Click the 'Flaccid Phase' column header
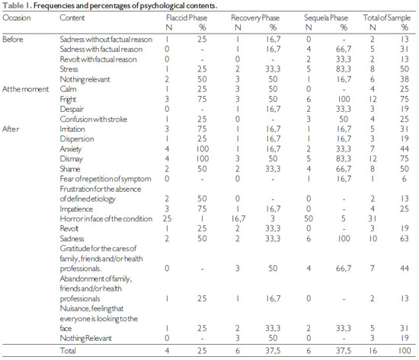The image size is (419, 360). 187,18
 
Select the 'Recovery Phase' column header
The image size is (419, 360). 255,18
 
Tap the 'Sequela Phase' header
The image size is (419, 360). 326,18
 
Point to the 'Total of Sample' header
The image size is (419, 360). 387,18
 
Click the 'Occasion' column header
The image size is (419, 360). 17,18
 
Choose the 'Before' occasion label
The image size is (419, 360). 12,40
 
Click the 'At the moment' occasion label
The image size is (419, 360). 25,89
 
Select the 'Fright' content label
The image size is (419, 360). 68,100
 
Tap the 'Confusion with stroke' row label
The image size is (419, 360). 94,119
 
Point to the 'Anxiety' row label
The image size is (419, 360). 71,149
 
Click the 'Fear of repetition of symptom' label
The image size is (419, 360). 105,179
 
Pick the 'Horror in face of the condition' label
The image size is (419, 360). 106,218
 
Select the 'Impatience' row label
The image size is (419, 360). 76,209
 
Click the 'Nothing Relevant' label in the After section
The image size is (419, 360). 85,338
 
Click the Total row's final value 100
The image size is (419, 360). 405,350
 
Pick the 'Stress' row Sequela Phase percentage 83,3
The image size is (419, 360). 344,69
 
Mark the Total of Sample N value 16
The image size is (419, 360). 373,350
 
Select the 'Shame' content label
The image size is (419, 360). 70,169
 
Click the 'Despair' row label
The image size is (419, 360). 72,110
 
